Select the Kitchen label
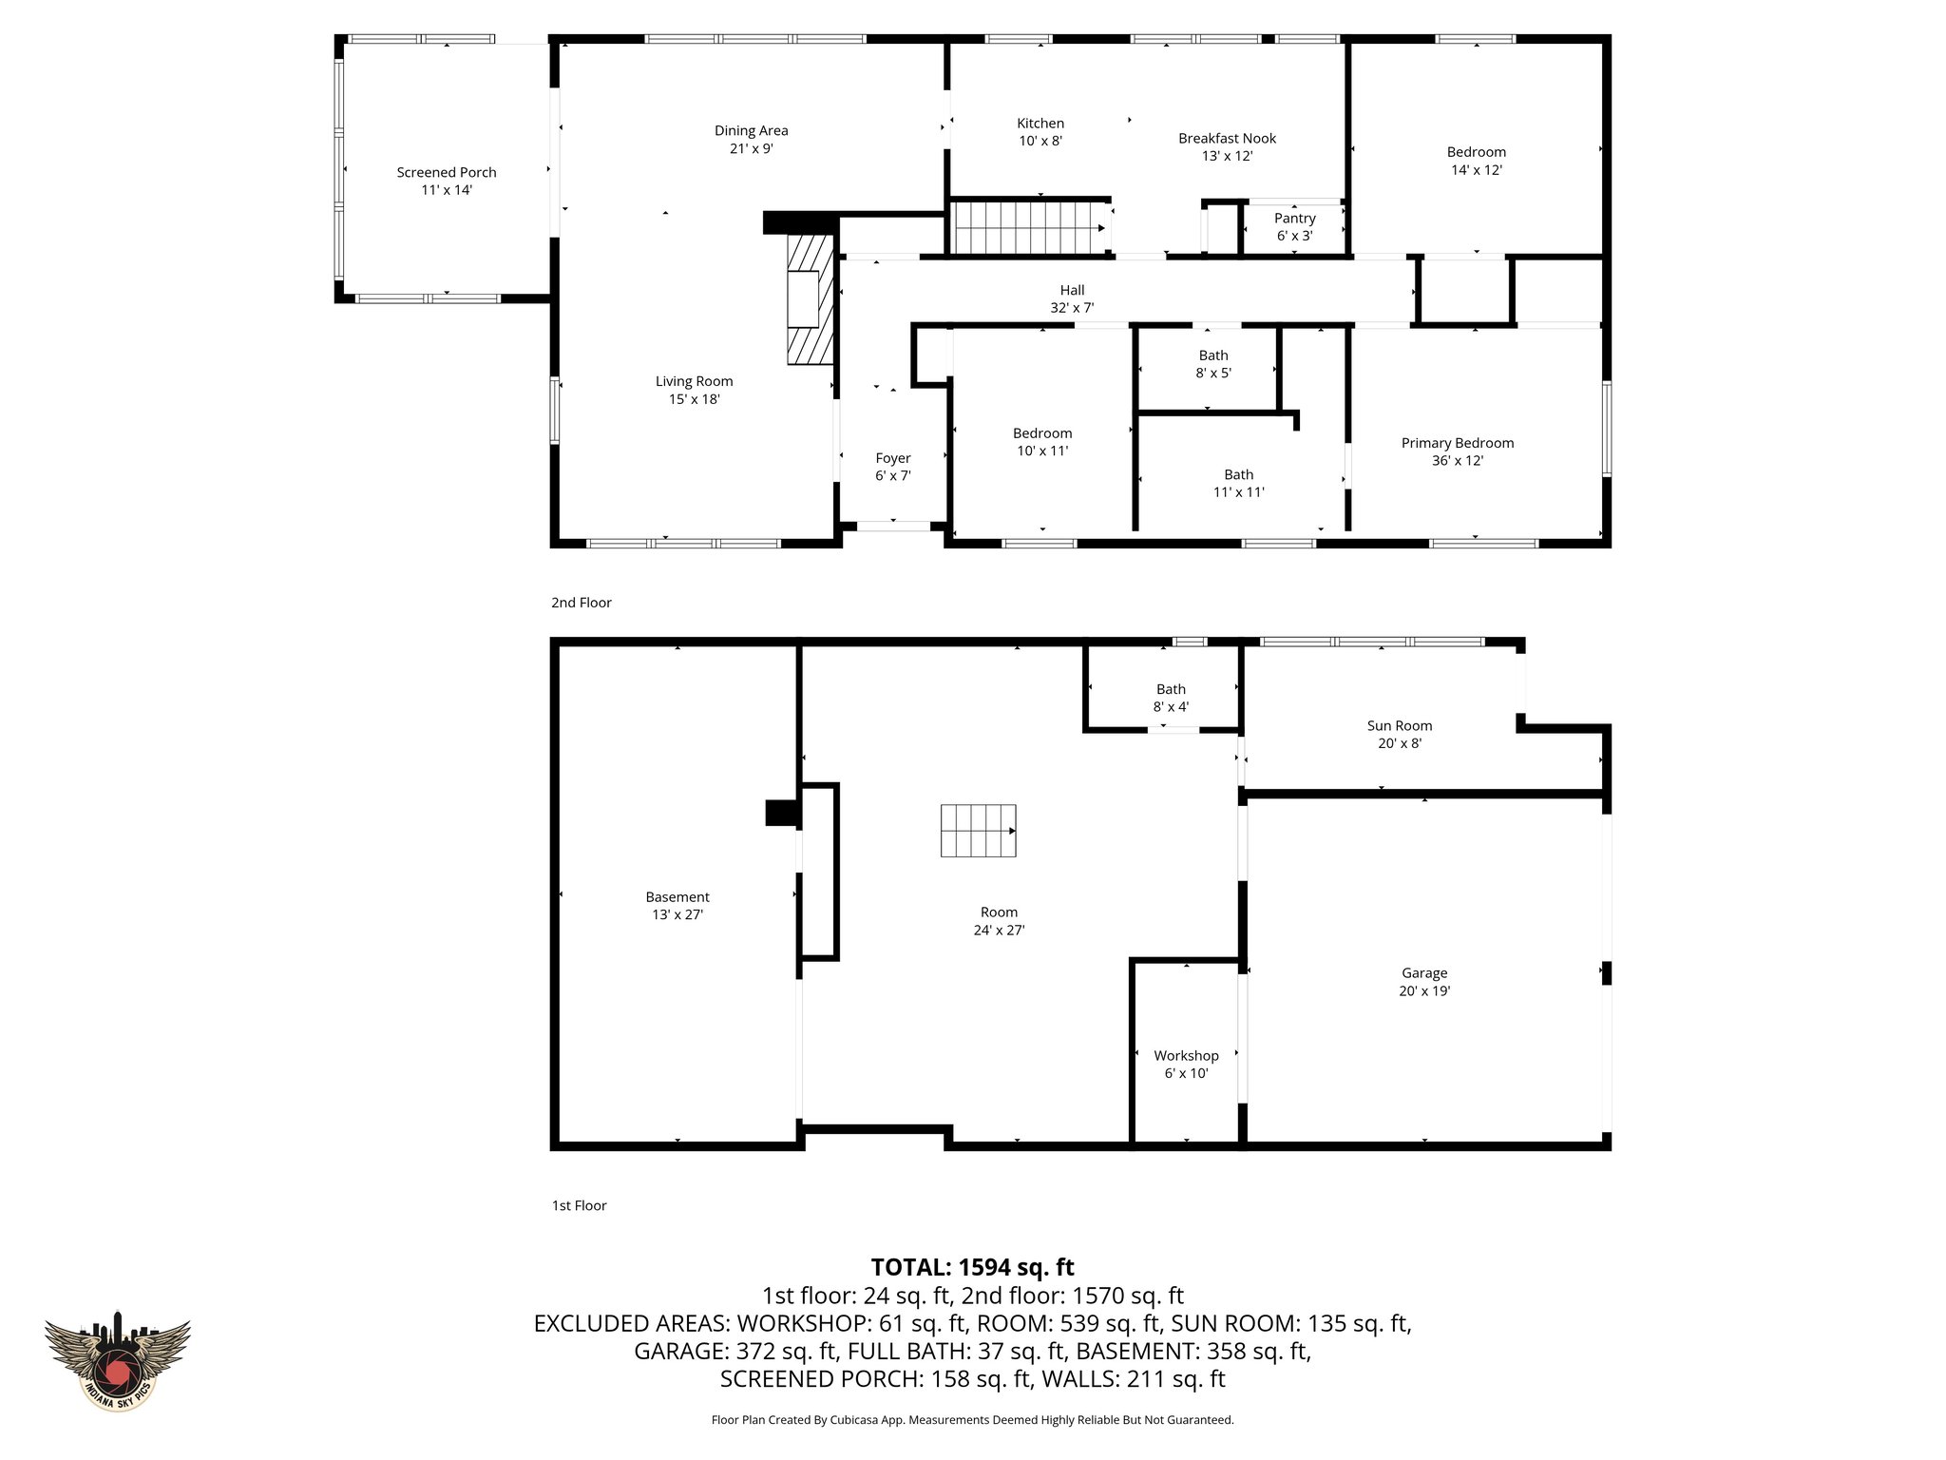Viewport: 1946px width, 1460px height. pyautogui.click(x=1040, y=124)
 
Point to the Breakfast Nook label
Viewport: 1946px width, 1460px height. pyautogui.click(x=1227, y=139)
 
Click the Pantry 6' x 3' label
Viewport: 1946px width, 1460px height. pyautogui.click(x=1294, y=227)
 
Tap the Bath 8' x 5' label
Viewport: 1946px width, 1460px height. pyautogui.click(x=1212, y=364)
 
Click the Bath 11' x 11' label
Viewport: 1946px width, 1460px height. pyautogui.click(x=1238, y=483)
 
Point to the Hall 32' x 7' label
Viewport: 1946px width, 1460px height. pyautogui.click(x=1072, y=298)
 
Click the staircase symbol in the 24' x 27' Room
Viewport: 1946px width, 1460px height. pyautogui.click(x=978, y=830)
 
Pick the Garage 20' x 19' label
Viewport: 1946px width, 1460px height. pyautogui.click(x=1423, y=982)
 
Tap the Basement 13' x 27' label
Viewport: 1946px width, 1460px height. pyautogui.click(x=677, y=906)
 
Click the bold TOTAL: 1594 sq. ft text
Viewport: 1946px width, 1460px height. pyautogui.click(x=972, y=1267)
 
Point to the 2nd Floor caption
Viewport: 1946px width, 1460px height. pyautogui.click(x=581, y=603)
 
